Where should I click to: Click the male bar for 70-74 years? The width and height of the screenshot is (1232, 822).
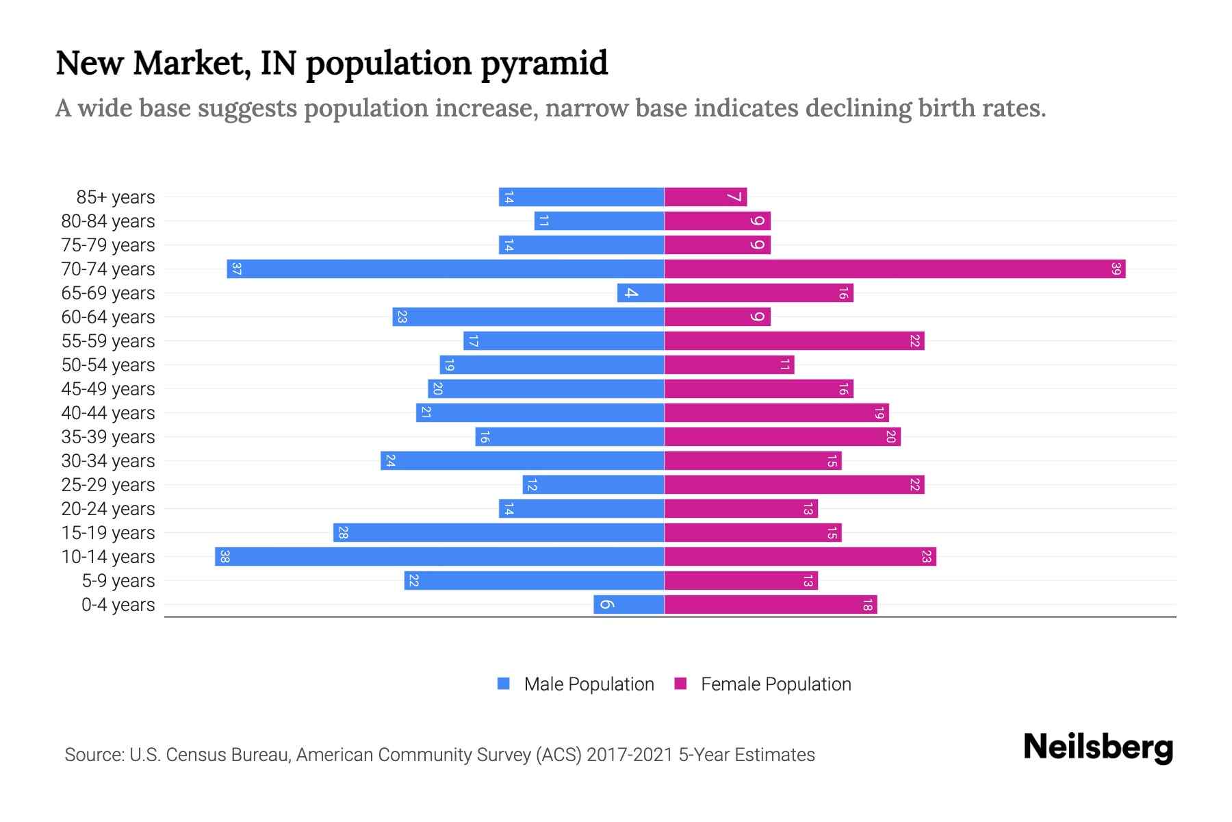pos(445,269)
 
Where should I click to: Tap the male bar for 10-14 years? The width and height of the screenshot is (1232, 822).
pos(439,556)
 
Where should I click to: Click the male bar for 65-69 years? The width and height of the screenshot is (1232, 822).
pos(641,292)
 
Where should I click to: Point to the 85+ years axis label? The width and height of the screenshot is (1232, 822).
pos(116,197)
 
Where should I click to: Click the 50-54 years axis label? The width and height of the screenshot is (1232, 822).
pos(108,365)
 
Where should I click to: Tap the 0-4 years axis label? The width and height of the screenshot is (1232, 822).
pos(118,605)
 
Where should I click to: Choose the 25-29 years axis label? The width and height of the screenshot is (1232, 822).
pos(108,485)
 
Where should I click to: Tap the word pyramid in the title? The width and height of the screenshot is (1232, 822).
pos(543,63)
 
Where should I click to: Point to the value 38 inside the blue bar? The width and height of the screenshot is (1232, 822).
pos(224,556)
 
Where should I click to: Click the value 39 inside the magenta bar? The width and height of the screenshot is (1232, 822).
pos(1116,269)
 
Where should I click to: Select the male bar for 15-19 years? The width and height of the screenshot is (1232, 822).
pos(498,532)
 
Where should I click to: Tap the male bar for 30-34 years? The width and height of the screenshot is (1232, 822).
pos(522,460)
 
